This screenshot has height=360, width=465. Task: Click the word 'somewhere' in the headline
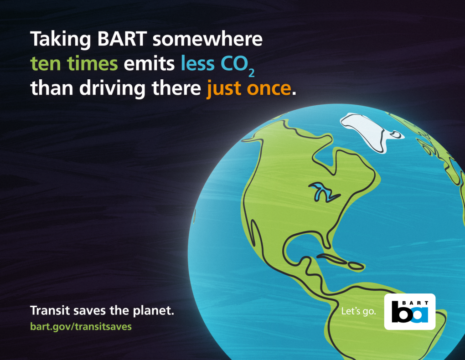pyautogui.click(x=207, y=40)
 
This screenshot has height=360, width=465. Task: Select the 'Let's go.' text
pyautogui.click(x=359, y=312)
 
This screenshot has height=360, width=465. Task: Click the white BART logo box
pyautogui.click(x=409, y=312)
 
